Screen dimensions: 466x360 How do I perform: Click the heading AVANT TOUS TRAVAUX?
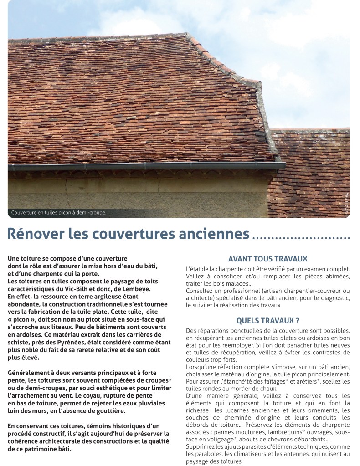pyautogui.click(x=267, y=258)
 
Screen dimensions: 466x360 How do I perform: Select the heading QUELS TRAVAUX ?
pyautogui.click(x=268, y=320)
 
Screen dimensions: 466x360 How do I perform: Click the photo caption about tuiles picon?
pyautogui.click(x=58, y=212)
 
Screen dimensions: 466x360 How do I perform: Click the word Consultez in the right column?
pyautogui.click(x=202, y=291)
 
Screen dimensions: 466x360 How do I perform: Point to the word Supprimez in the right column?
pyautogui.click(x=203, y=447)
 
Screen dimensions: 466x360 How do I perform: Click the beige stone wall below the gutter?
pyautogui.click(x=137, y=191)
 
